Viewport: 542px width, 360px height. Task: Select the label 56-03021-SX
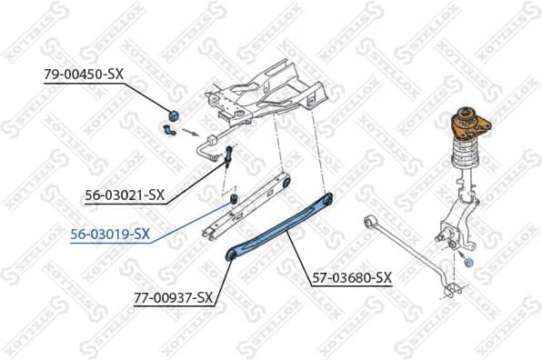125,194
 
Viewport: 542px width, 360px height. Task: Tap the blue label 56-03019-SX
110,234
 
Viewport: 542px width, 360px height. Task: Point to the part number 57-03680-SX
352,277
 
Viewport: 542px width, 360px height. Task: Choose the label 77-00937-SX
173,296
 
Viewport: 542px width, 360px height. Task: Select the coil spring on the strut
465,158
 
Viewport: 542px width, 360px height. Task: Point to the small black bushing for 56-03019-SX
231,197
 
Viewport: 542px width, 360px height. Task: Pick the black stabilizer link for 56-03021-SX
229,155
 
